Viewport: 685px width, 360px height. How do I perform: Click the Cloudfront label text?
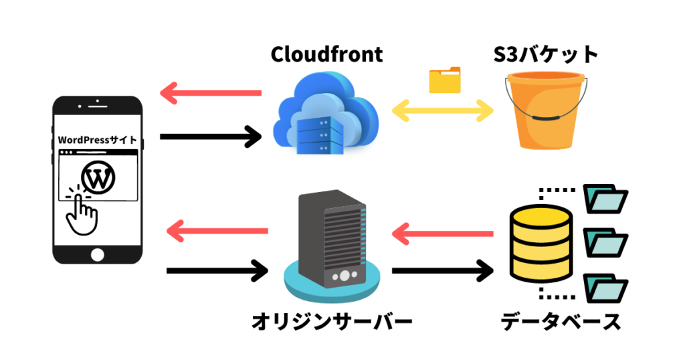(326, 54)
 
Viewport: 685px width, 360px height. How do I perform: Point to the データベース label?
(561, 321)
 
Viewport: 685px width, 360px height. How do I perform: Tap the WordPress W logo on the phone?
(98, 177)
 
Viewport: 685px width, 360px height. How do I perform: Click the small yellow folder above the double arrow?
(445, 80)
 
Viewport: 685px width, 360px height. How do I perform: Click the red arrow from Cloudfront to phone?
(211, 92)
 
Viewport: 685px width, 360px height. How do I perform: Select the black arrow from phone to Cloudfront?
(211, 137)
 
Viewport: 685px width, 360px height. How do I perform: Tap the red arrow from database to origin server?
(442, 234)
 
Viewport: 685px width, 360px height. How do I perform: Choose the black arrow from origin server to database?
(442, 271)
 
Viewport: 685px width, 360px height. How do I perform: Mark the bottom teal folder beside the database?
(605, 288)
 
